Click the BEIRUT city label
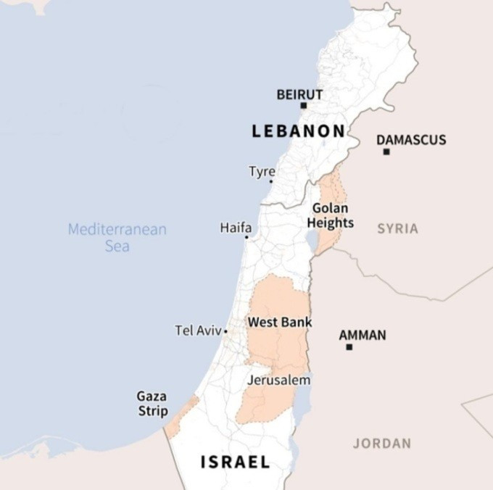click(299, 94)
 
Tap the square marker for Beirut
click(304, 106)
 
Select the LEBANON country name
click(298, 131)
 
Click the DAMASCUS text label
click(411, 139)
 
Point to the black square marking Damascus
click(386, 151)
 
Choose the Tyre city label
click(262, 172)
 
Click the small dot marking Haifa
click(246, 237)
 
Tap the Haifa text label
click(236, 228)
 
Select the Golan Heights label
click(330, 215)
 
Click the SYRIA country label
click(397, 228)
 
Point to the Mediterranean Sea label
click(117, 238)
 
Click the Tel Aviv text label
click(198, 331)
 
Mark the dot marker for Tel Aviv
click(225, 331)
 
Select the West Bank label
click(280, 321)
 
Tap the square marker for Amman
click(349, 347)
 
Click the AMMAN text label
click(362, 335)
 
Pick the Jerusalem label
click(278, 380)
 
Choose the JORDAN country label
click(381, 443)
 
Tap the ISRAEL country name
click(235, 462)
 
